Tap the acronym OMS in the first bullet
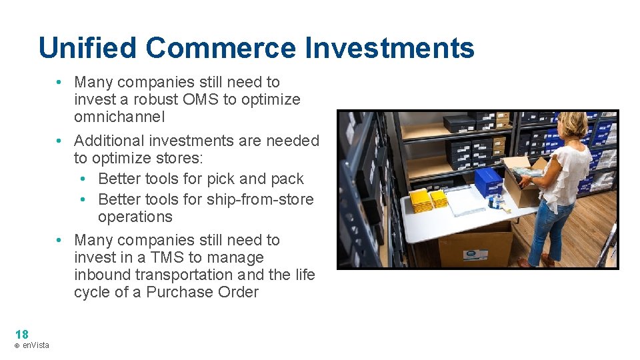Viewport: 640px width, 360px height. [219, 100]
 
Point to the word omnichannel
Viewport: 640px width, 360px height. [119, 117]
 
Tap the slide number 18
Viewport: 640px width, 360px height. [21, 335]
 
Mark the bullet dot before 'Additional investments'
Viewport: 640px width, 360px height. [59, 141]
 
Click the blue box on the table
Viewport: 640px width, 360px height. [488, 182]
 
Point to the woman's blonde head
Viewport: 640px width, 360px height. [573, 125]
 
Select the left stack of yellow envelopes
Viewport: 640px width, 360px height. [421, 200]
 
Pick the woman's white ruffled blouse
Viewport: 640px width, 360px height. [566, 173]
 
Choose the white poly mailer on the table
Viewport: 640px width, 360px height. [464, 201]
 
